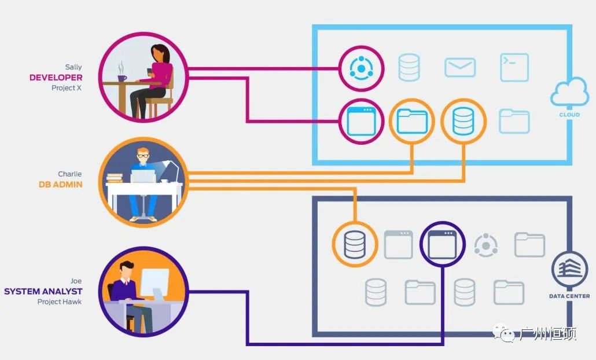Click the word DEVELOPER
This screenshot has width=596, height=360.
click(56, 78)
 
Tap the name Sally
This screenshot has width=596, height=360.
click(73, 67)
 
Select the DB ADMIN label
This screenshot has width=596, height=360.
click(61, 185)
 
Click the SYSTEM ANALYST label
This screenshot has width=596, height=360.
click(43, 291)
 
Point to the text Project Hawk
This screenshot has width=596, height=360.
click(60, 302)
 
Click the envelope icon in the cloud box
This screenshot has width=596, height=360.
click(460, 68)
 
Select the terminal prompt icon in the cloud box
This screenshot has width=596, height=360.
click(514, 67)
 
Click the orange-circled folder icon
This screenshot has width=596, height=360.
click(412, 122)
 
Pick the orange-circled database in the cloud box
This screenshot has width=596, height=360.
click(463, 122)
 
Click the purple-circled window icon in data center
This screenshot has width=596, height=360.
click(442, 244)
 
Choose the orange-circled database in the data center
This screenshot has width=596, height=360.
click(355, 244)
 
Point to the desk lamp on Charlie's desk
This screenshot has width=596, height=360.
click(171, 168)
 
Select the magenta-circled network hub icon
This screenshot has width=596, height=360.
click(361, 68)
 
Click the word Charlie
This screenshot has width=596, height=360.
click(70, 174)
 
